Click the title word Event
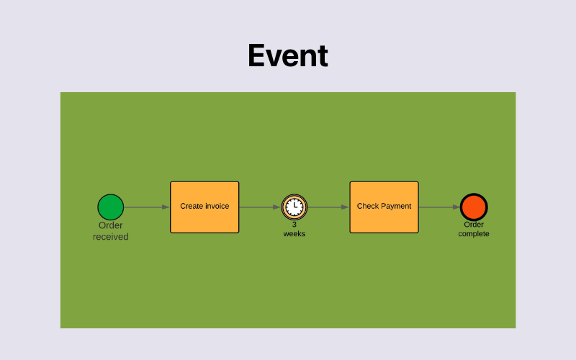pos(288,56)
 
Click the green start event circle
pos(111,207)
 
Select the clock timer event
pos(294,207)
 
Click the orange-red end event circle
pos(474,207)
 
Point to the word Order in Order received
pos(111,225)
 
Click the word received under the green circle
pos(111,237)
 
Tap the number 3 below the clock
pos(294,225)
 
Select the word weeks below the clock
pos(294,234)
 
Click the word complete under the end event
pos(474,234)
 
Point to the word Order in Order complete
pos(474,225)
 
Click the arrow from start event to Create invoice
pos(147,207)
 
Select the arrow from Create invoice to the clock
pos(260,207)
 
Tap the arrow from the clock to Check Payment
pos(328,207)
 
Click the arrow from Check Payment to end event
pos(439,207)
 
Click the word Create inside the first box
pos(192,206)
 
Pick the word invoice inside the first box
pos(217,206)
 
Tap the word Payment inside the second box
pos(396,206)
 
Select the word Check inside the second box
pos(368,206)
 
